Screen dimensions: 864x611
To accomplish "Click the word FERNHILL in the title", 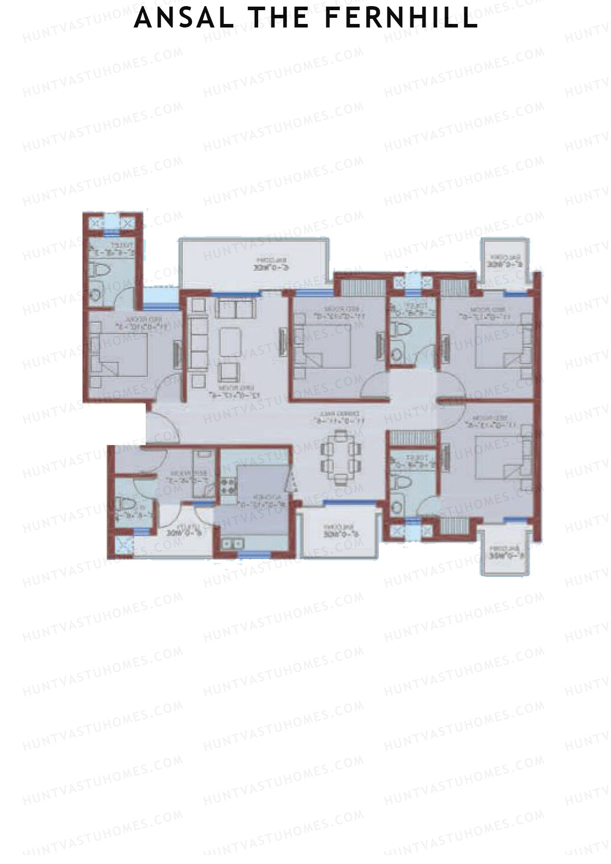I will point(401,19).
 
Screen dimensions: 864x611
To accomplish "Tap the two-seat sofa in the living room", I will point(235,308).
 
